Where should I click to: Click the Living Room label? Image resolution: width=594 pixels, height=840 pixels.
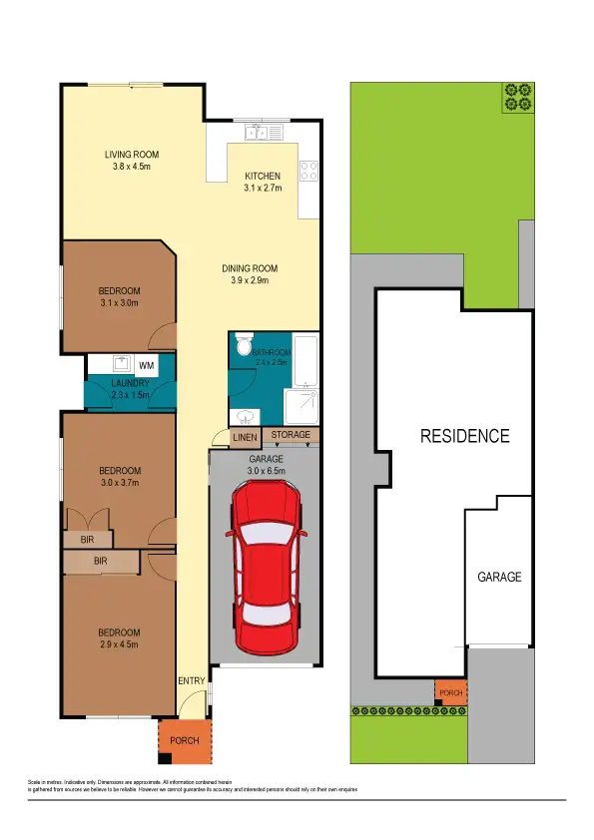[132, 155]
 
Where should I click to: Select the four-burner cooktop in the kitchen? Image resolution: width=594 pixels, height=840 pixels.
[309, 171]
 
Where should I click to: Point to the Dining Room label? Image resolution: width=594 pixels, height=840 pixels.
[250, 268]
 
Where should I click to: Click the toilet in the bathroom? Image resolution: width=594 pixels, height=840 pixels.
[243, 346]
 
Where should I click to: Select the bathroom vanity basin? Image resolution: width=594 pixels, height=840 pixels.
[244, 416]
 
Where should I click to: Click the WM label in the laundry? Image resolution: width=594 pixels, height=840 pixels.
[146, 367]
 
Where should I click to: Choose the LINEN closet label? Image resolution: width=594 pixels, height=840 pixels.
[245, 437]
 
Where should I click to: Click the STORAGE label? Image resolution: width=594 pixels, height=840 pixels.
[292, 436]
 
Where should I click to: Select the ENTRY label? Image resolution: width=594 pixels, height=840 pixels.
[191, 681]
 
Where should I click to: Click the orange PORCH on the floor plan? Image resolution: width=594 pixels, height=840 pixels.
[185, 741]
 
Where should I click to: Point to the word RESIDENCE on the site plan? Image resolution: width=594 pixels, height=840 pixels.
[464, 436]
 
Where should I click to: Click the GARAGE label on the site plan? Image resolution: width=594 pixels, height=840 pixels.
[499, 577]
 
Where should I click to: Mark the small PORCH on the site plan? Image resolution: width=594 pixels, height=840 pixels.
[450, 690]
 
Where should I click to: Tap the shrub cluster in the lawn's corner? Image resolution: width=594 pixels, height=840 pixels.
[517, 96]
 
